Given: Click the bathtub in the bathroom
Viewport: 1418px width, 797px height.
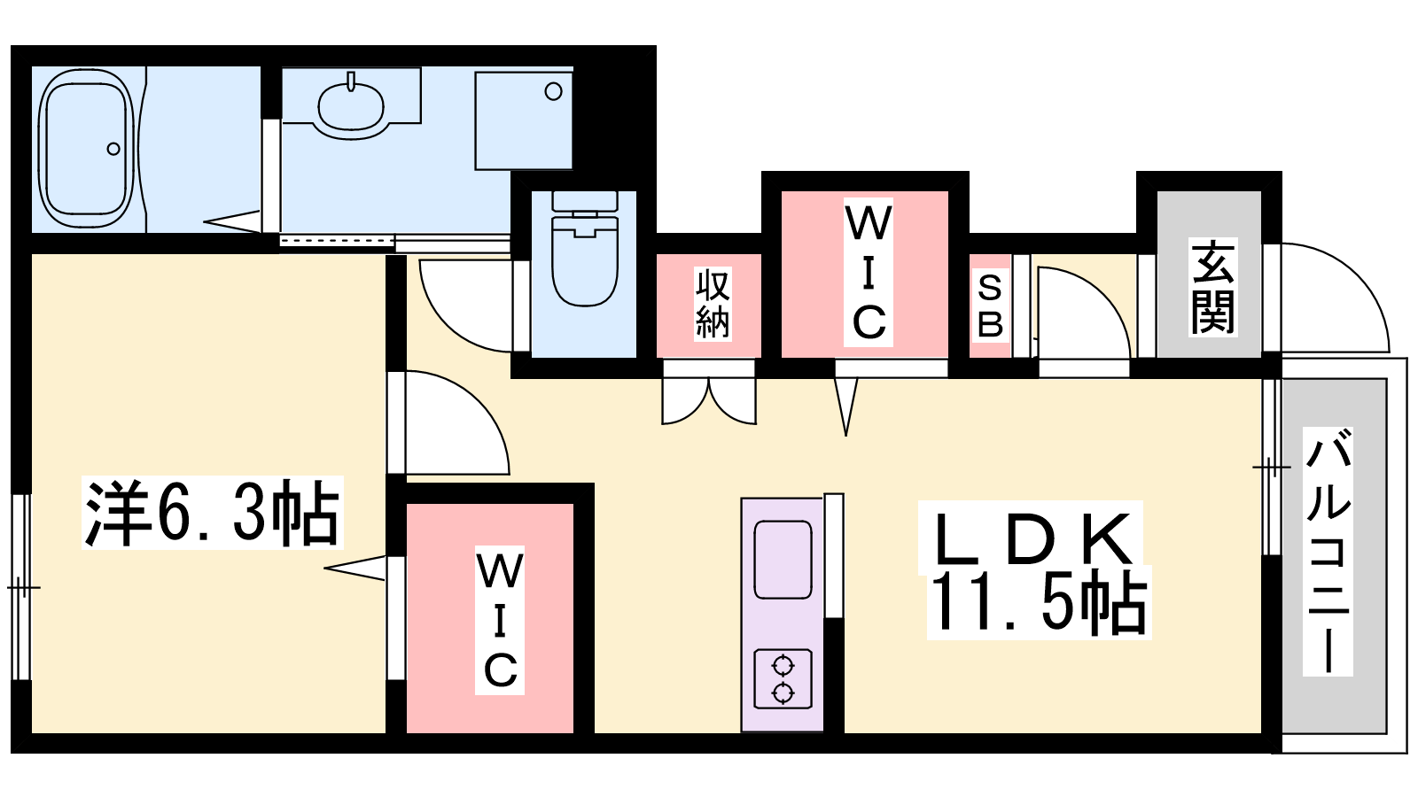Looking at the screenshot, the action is coord(86,150).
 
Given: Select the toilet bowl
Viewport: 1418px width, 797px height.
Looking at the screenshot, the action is coord(584,260).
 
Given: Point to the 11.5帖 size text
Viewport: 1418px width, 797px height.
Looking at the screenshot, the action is coord(1038,603).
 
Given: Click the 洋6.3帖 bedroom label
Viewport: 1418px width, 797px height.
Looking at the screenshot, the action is coord(212,513).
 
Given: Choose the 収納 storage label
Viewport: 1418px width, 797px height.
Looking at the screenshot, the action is coord(713,304).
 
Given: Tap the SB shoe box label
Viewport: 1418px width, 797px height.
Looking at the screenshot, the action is coord(990,306).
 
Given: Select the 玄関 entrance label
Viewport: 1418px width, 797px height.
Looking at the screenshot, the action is coord(1213,287).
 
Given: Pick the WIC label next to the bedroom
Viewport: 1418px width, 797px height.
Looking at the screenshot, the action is coord(500,620).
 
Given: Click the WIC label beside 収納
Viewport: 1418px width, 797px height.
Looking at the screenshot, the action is coord(869,272).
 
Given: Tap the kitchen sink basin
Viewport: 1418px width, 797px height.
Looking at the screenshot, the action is coord(783,559).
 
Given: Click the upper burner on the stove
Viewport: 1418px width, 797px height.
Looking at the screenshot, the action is coord(783,666).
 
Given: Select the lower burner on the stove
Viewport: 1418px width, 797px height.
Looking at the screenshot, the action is coord(783,693).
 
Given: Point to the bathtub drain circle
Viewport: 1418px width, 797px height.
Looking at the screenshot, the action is coord(113,150).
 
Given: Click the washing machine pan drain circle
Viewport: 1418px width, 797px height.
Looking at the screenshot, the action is coord(553,92).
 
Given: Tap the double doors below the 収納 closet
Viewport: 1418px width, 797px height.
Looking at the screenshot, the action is coord(709,398).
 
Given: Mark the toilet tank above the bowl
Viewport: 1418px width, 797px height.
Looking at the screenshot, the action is coord(584,201).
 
